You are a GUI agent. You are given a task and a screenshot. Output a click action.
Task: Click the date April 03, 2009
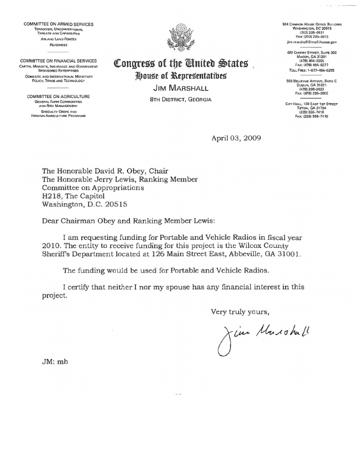233,138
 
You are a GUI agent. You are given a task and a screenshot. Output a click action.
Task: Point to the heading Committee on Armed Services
58,24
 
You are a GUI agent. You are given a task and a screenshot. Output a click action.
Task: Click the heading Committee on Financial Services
58,61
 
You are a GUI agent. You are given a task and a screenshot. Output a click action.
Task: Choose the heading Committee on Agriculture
58,96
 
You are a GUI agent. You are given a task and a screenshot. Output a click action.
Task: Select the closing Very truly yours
240,311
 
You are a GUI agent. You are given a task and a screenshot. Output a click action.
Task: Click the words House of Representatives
180,76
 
